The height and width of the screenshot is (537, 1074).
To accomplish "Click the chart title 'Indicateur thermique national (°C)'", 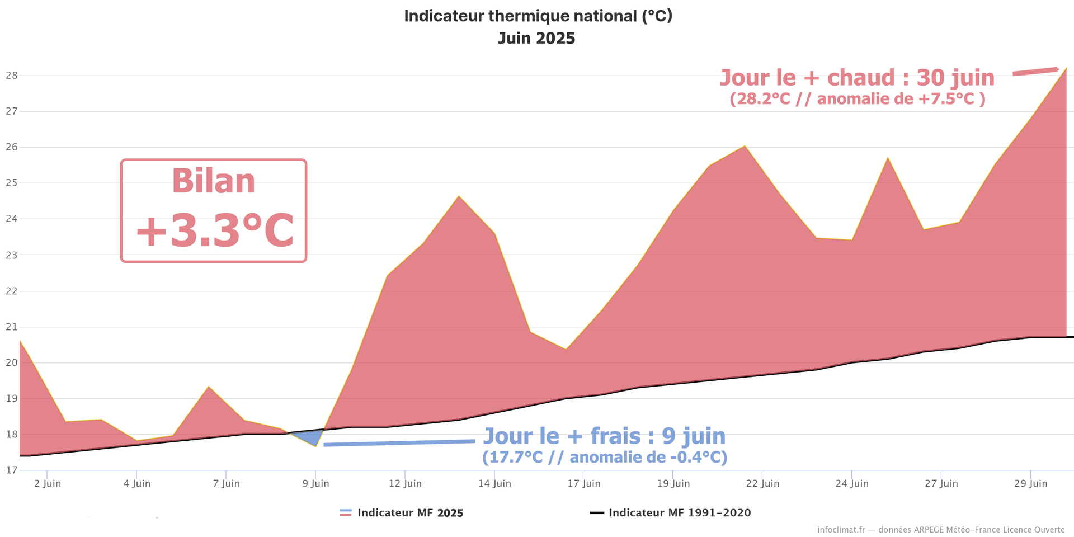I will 538,16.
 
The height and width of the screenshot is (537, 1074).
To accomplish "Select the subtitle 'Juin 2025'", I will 536,38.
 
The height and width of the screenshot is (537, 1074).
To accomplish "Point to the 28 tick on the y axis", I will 11,76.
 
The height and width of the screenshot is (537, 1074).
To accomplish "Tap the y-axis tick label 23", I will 11,255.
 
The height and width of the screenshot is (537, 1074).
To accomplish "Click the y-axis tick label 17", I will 11,470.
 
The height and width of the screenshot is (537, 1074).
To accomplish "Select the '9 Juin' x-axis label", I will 315,483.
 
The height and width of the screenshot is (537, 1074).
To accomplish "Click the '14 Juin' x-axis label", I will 494,483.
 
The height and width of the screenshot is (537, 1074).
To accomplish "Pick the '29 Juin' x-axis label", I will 1030,483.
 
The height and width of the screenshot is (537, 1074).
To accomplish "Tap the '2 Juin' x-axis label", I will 48,483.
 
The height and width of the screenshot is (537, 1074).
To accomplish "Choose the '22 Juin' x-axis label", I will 762,483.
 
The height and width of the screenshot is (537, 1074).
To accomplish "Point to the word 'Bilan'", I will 214,181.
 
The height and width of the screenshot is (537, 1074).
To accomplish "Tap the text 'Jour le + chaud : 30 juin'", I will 857,78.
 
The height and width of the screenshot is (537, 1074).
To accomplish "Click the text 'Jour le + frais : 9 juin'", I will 604,436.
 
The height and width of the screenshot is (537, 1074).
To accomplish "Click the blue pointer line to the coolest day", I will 399,442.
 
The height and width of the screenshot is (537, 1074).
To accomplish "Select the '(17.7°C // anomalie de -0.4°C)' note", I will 605,457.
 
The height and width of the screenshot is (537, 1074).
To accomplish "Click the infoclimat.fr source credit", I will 941,529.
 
